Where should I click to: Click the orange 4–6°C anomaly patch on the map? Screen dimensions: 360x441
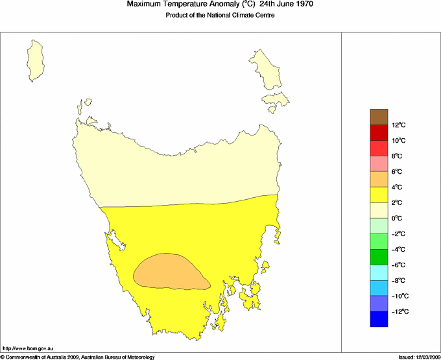click(170, 271)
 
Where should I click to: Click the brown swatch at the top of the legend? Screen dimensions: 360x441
click(379, 117)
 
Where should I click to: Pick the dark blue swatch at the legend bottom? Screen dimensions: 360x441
click(379, 319)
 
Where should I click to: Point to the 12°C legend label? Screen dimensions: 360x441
click(398, 125)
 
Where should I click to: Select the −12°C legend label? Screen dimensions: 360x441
click(398, 312)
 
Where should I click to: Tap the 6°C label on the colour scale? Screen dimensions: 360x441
click(398, 172)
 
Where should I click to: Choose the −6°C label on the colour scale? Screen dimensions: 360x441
click(398, 265)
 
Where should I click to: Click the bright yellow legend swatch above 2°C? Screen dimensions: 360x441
click(379, 195)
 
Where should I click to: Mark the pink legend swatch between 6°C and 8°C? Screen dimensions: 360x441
click(379, 163)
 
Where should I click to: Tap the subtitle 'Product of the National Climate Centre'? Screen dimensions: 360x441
click(220, 16)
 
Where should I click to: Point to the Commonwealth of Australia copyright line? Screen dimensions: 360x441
click(78, 357)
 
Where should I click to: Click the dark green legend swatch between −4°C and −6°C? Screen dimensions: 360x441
click(379, 257)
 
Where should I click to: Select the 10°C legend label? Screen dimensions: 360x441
click(398, 141)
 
